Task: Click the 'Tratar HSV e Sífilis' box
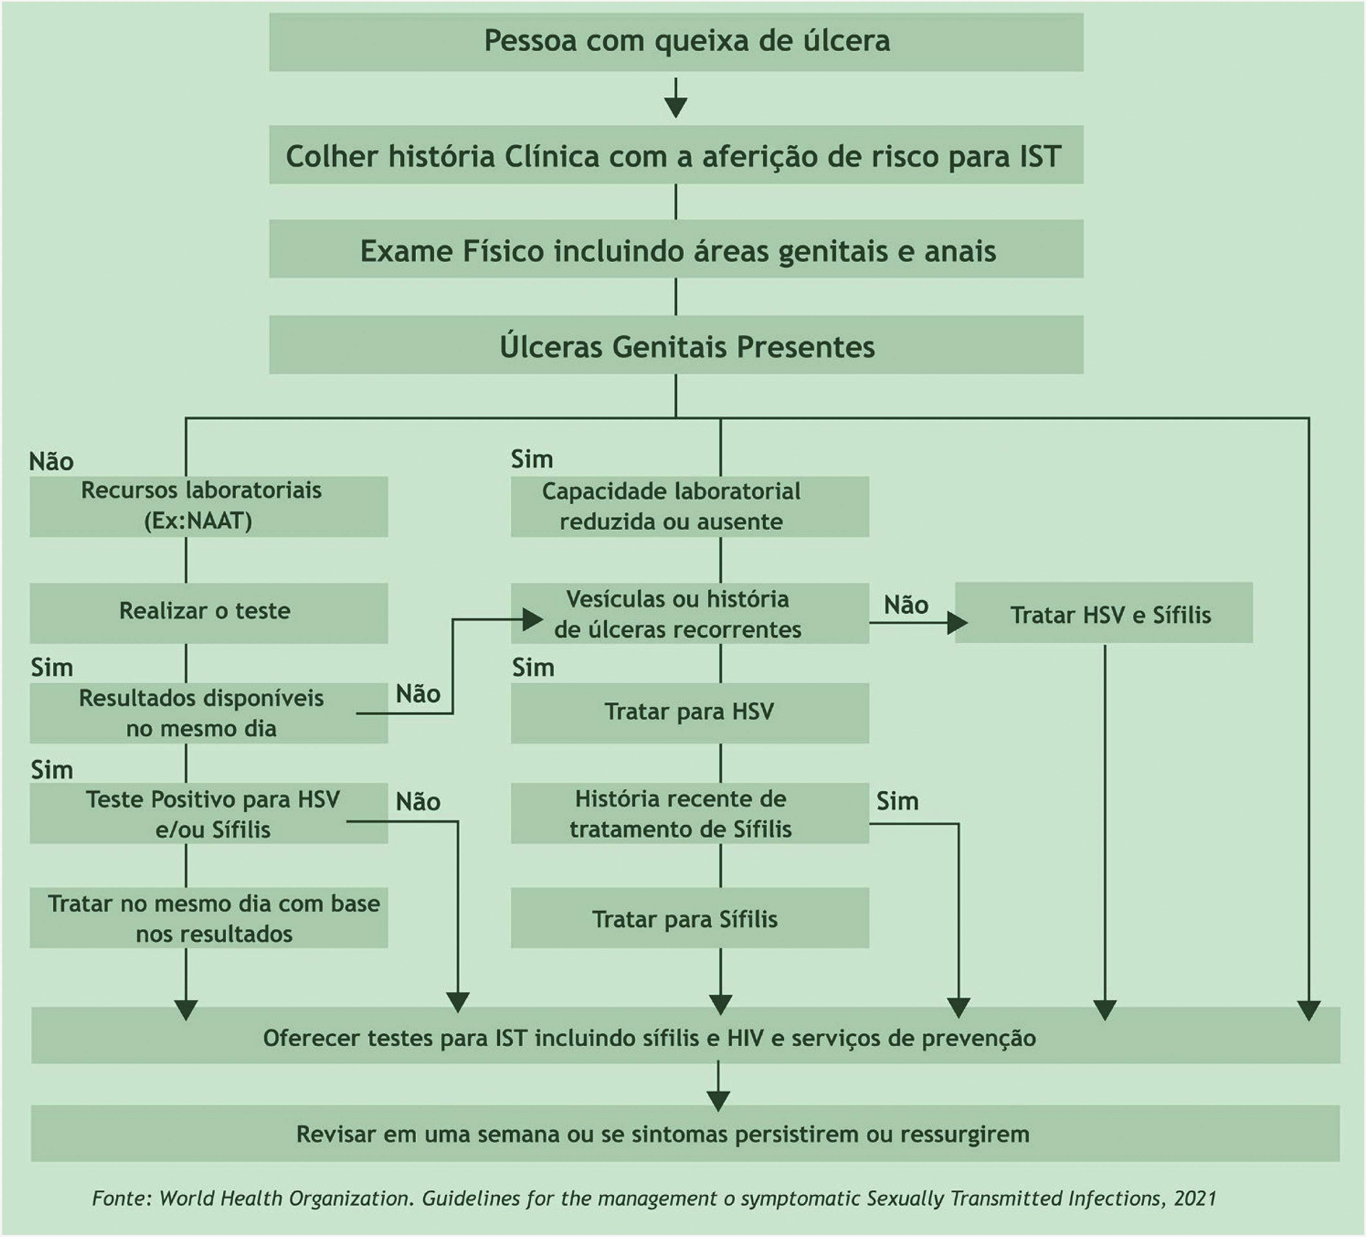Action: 1103,614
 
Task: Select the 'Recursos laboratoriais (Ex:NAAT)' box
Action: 208,506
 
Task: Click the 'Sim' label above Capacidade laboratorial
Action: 532,459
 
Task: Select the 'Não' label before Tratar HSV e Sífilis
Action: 906,605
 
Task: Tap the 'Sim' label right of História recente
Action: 897,802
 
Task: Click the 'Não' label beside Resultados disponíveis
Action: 418,694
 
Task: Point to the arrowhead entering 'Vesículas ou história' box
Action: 533,619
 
